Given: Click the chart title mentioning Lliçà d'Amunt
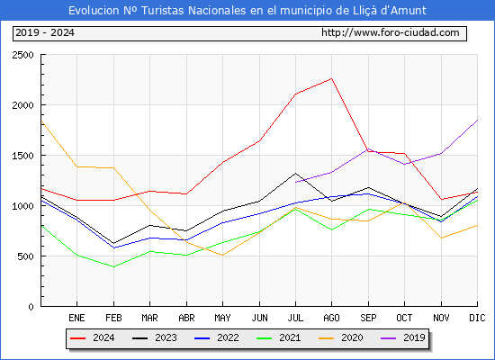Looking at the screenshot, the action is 247,11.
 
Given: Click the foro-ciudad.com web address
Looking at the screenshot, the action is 391,32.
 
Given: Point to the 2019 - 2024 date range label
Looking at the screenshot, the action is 45,32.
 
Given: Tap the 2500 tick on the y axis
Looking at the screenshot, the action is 22,55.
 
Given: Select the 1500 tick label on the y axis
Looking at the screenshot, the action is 22,156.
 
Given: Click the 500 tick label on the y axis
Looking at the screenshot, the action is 25,256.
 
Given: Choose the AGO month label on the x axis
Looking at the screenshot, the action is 331,318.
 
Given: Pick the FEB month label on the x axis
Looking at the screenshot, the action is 113,318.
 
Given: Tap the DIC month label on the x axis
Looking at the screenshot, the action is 477,318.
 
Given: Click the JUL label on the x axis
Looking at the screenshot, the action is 295,318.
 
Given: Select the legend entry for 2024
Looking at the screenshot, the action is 92,337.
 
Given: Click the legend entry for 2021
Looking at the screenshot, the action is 278,337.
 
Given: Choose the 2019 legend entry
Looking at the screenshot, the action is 403,337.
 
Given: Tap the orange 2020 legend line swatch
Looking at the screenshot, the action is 326,338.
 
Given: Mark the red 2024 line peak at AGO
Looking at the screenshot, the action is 331,78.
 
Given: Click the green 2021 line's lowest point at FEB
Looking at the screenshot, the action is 113,266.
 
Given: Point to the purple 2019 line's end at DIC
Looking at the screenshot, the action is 477,120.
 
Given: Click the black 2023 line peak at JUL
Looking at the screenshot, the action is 295,173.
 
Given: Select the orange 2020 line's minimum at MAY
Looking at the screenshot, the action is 223,256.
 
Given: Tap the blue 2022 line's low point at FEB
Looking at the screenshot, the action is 113,247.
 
